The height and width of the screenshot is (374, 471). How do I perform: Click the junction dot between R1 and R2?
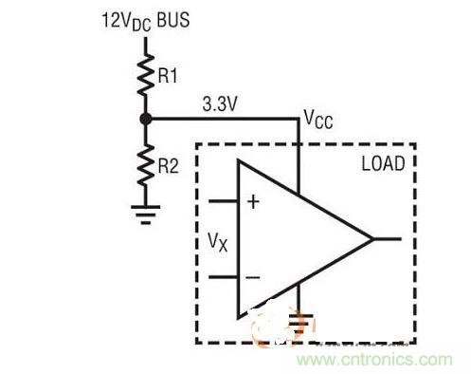(145, 120)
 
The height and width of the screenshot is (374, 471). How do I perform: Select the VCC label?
(317, 119)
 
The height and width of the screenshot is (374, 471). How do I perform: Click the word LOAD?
(383, 164)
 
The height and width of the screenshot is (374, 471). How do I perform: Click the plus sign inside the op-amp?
(253, 201)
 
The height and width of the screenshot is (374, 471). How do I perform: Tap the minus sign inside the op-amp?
(253, 277)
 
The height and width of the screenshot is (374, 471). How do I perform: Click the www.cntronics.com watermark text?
(378, 360)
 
